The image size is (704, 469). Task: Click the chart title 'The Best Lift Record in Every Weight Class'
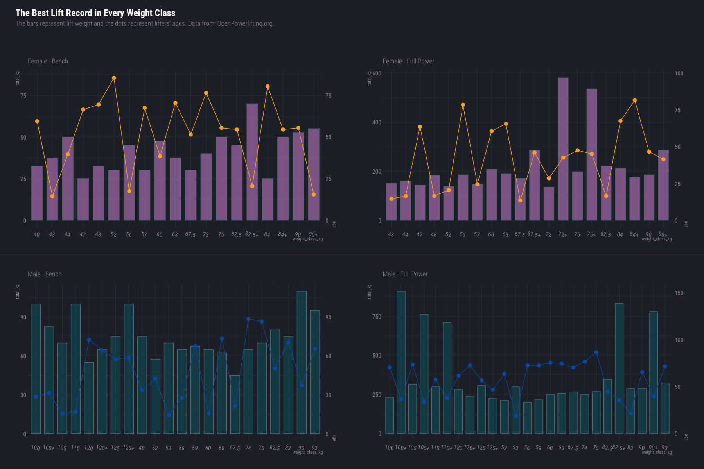pos(95,13)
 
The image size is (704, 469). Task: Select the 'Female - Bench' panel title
pos(48,61)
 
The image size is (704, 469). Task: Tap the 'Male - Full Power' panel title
pos(405,274)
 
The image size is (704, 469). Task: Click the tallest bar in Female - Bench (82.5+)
pos(252,162)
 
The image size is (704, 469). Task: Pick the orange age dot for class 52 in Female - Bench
pos(114,78)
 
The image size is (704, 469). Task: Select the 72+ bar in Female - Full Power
pos(563,149)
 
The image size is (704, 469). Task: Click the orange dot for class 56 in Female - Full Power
pos(463,105)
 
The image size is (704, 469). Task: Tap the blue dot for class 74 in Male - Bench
pos(248,319)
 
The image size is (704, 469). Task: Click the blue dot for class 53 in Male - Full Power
pos(516,416)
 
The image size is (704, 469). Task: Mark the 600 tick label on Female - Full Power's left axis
pos(377,73)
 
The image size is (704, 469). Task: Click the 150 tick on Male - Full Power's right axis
pos(679,293)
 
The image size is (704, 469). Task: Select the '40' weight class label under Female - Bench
pos(36,234)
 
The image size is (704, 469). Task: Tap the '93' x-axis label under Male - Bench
pos(314,448)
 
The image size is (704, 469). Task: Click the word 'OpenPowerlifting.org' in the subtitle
pos(245,23)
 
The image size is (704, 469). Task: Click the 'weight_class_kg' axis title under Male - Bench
pos(307,453)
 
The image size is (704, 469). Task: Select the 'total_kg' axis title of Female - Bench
pos(18,79)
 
